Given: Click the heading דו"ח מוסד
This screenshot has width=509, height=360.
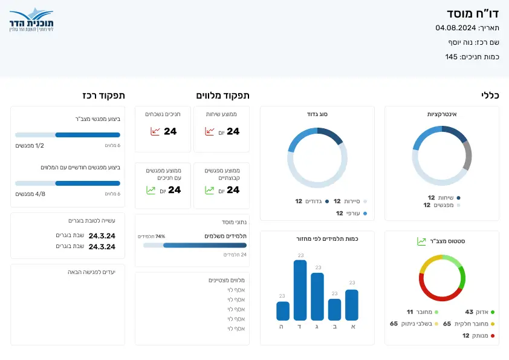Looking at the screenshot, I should (468, 14).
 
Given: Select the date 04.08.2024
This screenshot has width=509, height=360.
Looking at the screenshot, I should (455, 28).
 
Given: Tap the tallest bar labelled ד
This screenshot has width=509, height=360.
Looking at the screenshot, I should (300, 290).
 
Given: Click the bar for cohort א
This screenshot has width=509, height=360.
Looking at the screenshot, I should (352, 305).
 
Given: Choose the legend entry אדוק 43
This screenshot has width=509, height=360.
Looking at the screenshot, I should (480, 312).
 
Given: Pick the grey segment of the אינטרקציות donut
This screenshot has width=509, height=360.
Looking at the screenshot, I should (467, 155).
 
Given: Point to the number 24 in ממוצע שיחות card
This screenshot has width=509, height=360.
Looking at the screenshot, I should (233, 131).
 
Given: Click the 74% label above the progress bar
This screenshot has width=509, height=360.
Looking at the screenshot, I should (160, 237).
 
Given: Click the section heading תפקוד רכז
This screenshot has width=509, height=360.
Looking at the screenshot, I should (104, 96).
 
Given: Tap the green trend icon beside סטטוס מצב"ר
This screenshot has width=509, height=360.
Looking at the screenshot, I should (421, 241).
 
